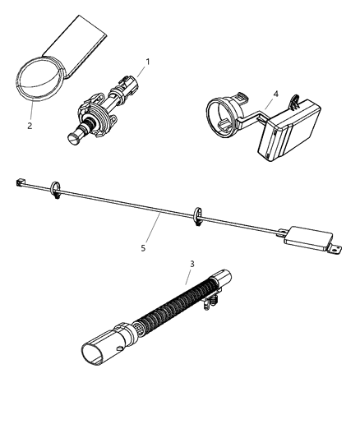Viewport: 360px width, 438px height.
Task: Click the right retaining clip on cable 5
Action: (x=198, y=216)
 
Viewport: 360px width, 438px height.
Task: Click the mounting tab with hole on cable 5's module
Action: (x=334, y=246)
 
